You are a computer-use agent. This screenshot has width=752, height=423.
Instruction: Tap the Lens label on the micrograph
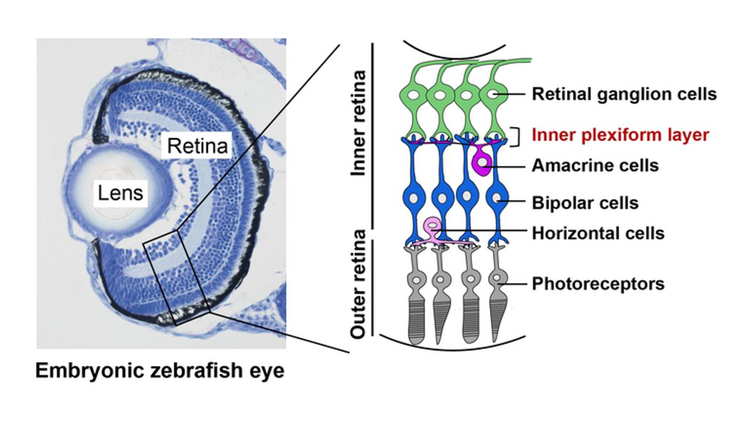pyautogui.click(x=120, y=192)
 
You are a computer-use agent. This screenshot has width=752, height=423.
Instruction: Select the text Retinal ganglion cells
pyautogui.click(x=624, y=94)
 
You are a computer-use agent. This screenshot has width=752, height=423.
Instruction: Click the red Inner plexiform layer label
pyautogui.click(x=620, y=135)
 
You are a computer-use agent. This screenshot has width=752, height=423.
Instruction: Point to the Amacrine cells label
pyautogui.click(x=595, y=166)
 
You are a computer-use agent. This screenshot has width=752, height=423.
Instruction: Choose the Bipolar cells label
pyautogui.click(x=585, y=203)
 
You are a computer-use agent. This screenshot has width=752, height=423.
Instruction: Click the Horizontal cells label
pyautogui.click(x=597, y=233)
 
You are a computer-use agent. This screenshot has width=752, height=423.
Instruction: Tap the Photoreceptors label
pyautogui.click(x=597, y=284)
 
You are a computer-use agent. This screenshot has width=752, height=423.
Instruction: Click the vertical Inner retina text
pyautogui.click(x=358, y=123)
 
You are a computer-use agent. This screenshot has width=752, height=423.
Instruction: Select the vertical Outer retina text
pyautogui.click(x=358, y=284)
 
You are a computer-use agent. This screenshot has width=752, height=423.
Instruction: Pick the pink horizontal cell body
pyautogui.click(x=433, y=226)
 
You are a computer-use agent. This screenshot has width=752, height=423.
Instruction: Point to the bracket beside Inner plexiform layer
pyautogui.click(x=516, y=136)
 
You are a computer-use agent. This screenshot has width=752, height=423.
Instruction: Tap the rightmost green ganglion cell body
pyautogui.click(x=491, y=94)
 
